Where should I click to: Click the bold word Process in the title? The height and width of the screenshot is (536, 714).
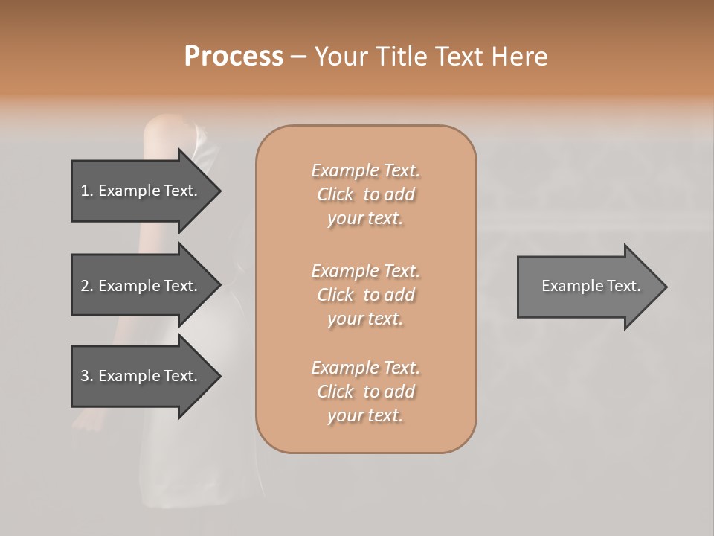tap(234, 57)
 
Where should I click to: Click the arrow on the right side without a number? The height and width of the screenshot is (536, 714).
tap(588, 286)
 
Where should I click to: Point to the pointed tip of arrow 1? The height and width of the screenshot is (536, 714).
tap(219, 191)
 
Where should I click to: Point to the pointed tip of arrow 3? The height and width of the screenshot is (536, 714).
tap(219, 376)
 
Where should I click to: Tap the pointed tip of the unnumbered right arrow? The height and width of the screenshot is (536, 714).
tap(665, 287)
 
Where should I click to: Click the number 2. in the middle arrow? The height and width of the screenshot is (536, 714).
tap(86, 286)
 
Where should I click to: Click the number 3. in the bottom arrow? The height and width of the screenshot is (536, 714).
tap(86, 376)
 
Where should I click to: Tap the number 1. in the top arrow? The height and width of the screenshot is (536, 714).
tap(86, 191)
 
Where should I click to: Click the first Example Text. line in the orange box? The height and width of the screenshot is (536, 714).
tap(365, 170)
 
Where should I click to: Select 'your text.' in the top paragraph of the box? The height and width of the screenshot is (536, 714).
tap(365, 219)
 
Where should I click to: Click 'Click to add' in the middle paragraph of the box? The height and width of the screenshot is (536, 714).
tap(365, 295)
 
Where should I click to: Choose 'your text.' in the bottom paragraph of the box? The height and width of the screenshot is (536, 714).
tap(365, 416)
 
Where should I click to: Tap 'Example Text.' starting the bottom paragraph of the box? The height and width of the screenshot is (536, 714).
tap(365, 368)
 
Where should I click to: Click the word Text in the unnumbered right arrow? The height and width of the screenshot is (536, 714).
tap(623, 286)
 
